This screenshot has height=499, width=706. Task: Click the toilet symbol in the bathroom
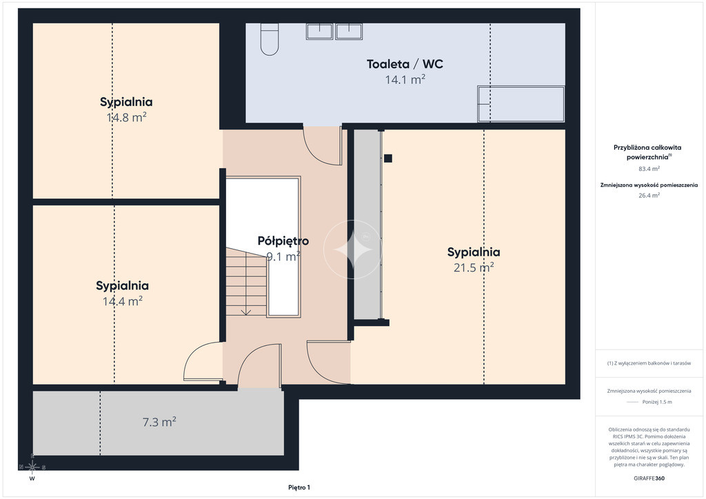point(270,39)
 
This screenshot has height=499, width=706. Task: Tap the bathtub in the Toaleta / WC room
point(521,104)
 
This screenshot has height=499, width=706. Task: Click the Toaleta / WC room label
point(405,64)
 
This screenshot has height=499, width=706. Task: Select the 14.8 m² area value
point(127,117)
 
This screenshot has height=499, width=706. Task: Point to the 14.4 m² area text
point(123,301)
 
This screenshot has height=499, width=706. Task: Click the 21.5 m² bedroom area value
point(474,267)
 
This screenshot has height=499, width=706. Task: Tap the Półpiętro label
point(283,241)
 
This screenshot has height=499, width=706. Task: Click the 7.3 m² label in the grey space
point(159,422)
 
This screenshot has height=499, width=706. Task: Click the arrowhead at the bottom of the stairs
point(246,312)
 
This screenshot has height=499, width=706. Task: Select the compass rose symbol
point(32,467)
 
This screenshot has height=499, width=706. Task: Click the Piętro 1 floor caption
point(299,487)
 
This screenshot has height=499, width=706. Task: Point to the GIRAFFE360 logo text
point(649,478)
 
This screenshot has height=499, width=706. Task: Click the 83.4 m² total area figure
point(649,169)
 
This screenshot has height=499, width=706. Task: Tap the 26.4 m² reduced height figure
point(649,195)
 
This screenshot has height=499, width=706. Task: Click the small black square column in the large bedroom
point(388,159)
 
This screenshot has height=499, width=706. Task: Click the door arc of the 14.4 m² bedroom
point(194,353)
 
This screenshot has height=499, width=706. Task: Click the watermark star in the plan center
point(353,250)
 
